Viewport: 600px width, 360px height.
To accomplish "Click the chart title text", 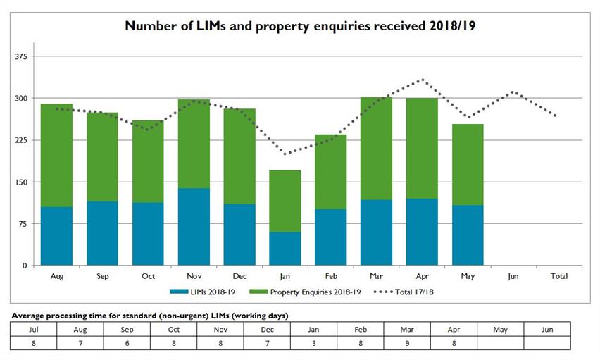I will coord(300,26).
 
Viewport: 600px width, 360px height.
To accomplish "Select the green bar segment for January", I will coord(286,201).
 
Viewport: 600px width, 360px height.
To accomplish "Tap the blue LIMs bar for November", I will coord(194,227).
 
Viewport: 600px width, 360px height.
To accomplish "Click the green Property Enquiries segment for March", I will coord(377,149).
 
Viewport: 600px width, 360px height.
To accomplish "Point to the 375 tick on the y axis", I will coord(20,56).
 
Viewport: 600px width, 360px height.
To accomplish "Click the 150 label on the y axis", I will coord(20,182).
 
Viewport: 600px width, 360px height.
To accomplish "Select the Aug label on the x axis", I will coord(57,277).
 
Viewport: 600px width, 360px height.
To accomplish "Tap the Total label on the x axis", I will coord(558,277).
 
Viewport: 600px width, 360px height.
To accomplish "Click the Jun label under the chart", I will coord(513,277).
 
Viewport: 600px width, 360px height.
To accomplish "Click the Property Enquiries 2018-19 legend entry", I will coord(314,291).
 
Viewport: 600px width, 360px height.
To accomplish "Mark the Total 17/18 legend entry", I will coord(406,291).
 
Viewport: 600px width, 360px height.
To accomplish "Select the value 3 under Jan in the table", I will coord(313,343).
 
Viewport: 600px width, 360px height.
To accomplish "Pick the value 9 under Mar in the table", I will coord(407,343).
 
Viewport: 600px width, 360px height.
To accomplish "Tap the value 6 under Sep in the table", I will coord(126,343).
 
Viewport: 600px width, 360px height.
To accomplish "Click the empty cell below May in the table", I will coord(501,343).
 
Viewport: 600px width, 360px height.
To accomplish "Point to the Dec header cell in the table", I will coord(267,329).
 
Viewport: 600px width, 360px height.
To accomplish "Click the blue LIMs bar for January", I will coord(286,249).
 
